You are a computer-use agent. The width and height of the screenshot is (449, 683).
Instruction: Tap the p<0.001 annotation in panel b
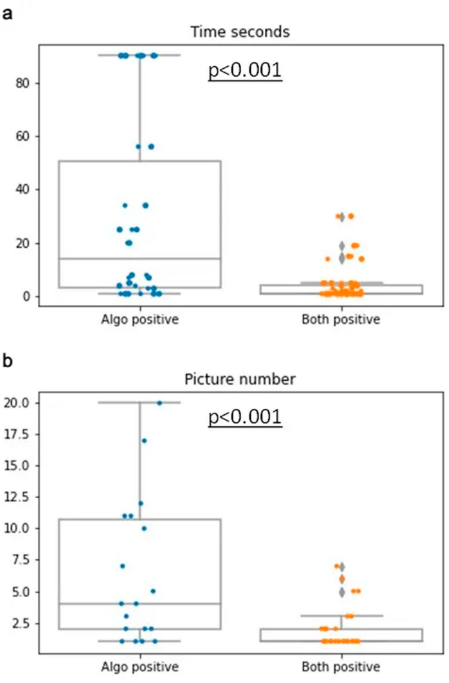pos(245,417)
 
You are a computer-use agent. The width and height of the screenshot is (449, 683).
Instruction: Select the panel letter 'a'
pos(8,11)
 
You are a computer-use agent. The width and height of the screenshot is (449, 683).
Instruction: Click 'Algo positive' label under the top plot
pos(140,319)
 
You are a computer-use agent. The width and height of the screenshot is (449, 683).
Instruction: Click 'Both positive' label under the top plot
pos(341,319)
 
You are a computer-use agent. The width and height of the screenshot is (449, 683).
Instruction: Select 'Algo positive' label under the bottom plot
pos(140,667)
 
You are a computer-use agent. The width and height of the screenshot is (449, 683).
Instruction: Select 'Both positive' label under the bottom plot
pos(341,667)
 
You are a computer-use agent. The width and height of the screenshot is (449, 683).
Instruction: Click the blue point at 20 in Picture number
pos(159,402)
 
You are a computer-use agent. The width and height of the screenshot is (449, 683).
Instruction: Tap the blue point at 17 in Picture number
pos(144,440)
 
